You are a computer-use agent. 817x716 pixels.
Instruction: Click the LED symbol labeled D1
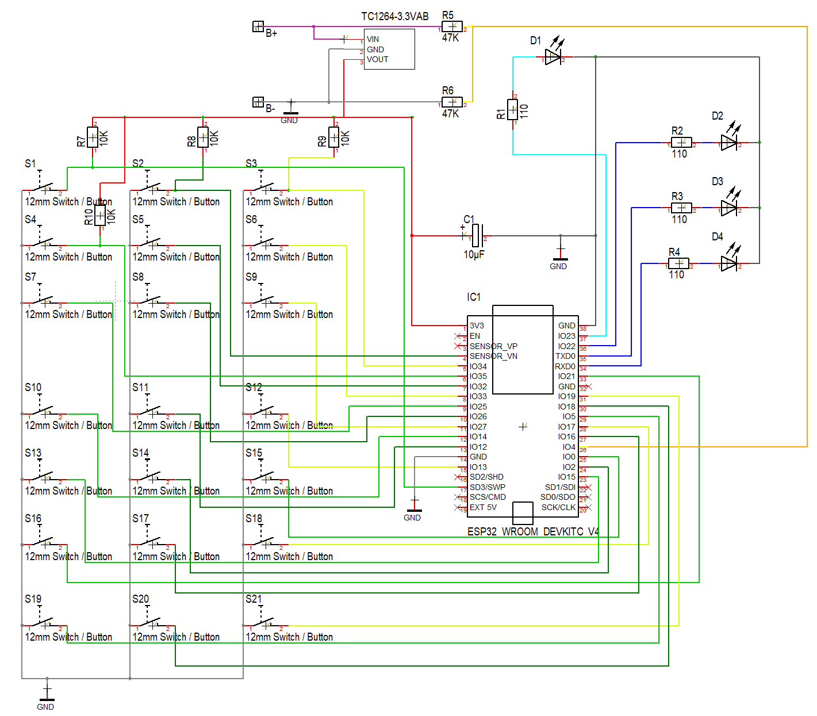[553, 57]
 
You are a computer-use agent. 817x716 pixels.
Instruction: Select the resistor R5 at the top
[452, 26]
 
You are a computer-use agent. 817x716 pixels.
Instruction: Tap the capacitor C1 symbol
[477, 236]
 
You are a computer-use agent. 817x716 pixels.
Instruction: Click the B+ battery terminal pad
[258, 26]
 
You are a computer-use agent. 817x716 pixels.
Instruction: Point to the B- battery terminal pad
[258, 102]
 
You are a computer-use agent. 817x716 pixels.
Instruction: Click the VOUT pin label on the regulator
[377, 59]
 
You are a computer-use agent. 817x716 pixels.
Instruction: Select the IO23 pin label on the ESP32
[566, 336]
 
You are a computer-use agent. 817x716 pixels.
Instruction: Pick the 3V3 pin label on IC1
[477, 326]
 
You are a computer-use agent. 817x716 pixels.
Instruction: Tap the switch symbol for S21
[266, 623]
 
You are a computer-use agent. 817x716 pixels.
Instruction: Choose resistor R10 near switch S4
[100, 216]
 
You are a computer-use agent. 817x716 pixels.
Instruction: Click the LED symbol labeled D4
[729, 263]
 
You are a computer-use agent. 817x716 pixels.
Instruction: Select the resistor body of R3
[681, 208]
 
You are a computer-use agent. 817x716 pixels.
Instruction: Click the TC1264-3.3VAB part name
[394, 16]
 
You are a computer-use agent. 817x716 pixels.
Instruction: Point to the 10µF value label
[474, 254]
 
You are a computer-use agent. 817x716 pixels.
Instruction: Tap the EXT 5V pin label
[483, 507]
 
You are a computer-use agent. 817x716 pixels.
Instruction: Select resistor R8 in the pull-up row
[203, 137]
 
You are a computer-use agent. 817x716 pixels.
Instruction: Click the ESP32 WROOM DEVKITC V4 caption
[532, 531]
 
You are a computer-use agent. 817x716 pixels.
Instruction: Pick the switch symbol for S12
[266, 411]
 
